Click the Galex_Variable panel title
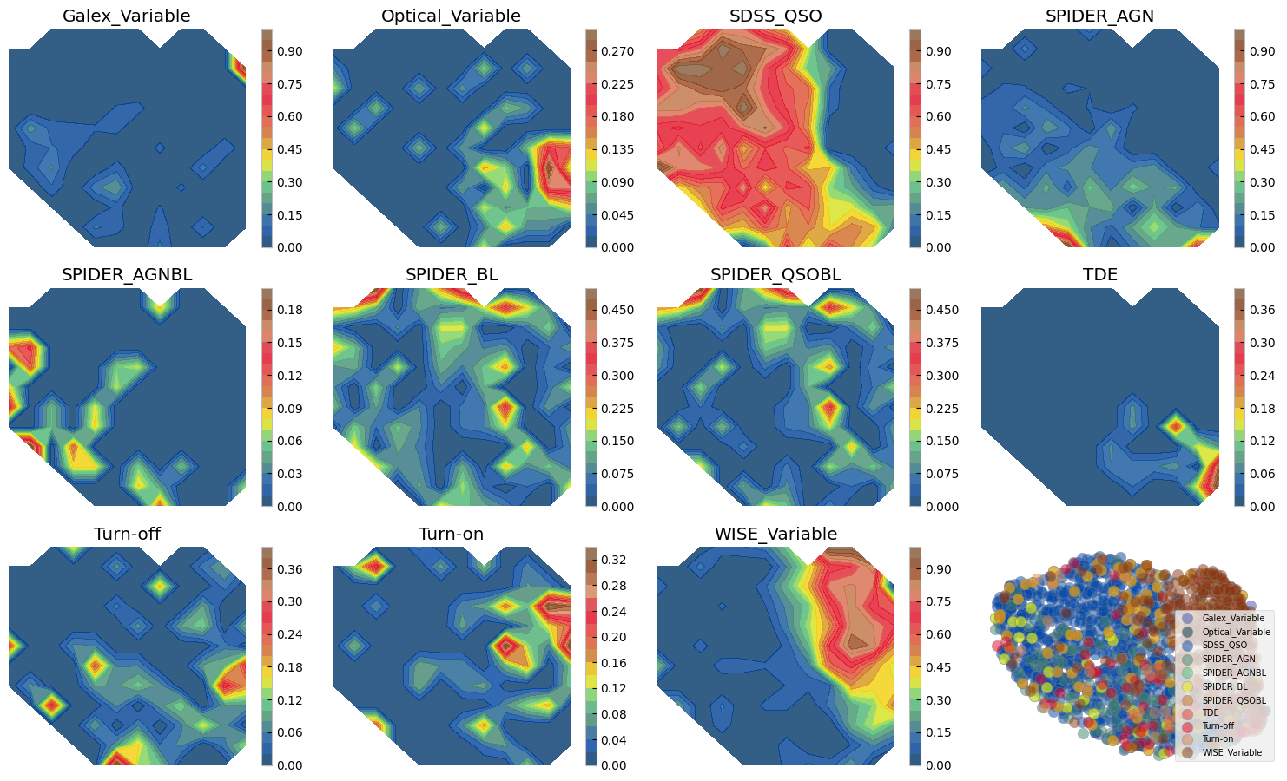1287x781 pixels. (x=127, y=16)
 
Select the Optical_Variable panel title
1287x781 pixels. (x=451, y=16)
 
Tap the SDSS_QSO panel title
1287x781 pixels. (x=775, y=16)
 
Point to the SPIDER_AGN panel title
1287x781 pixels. (x=1099, y=16)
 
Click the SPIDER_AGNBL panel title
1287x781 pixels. (x=127, y=275)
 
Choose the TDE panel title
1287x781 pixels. (x=1099, y=275)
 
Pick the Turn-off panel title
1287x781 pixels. (x=127, y=534)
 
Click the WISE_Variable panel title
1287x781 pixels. (x=775, y=534)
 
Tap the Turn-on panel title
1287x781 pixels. (x=451, y=534)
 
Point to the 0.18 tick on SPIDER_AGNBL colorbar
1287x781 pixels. (x=289, y=310)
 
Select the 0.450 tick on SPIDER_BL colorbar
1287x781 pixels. (x=617, y=310)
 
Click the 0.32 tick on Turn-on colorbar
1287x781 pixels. (x=613, y=560)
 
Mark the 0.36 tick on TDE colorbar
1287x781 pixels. (x=1262, y=310)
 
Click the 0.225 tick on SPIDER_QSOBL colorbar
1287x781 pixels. (x=941, y=409)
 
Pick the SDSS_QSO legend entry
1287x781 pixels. (x=1224, y=645)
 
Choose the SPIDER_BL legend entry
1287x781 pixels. (x=1223, y=686)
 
